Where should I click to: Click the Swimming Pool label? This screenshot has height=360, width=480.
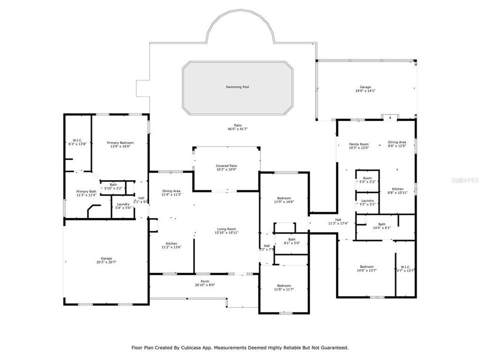pos(237,87)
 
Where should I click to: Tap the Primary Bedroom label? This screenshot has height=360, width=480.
pos(120,142)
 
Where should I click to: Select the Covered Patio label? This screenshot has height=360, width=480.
pos(226,165)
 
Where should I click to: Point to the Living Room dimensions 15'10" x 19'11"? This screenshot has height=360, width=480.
pos(227,232)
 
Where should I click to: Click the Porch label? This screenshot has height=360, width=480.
pos(205,281)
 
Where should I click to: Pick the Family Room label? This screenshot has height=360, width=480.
pos(358,144)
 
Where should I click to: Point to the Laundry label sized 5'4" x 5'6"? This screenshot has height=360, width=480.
pos(123,204)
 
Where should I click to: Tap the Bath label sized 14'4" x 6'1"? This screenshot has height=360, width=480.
pos(381,224)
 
